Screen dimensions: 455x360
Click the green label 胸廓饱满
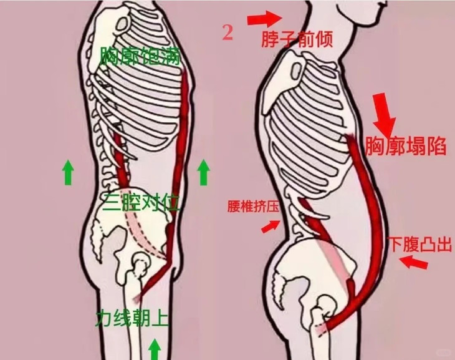pyautogui.click(x=140, y=57)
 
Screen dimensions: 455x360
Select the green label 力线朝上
pyautogui.click(x=132, y=318)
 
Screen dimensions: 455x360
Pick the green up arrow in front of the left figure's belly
pyautogui.click(x=203, y=173)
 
